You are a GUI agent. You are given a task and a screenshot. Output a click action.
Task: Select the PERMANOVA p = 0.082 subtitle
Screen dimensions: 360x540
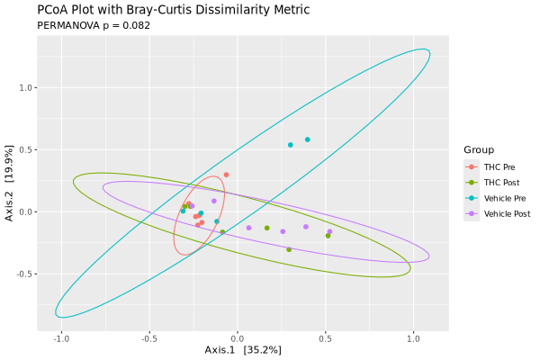pos(93,25)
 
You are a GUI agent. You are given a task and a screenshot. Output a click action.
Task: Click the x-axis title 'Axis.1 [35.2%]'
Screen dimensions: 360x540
pos(242,349)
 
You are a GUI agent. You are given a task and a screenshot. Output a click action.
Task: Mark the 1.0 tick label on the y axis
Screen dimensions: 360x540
pos(26,88)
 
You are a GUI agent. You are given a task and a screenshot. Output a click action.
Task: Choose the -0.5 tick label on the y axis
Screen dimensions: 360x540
pos(24,274)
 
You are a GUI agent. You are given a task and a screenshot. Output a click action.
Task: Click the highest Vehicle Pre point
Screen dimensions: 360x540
pos(307,139)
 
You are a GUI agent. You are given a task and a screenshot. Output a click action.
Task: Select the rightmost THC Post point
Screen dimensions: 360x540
pos(328,236)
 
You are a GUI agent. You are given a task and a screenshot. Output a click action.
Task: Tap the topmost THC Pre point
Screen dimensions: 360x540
pos(226,175)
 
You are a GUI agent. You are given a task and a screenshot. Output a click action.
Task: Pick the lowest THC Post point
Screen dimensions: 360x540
pos(289,249)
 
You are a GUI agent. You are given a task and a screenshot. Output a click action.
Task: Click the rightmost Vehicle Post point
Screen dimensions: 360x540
pos(329,231)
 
